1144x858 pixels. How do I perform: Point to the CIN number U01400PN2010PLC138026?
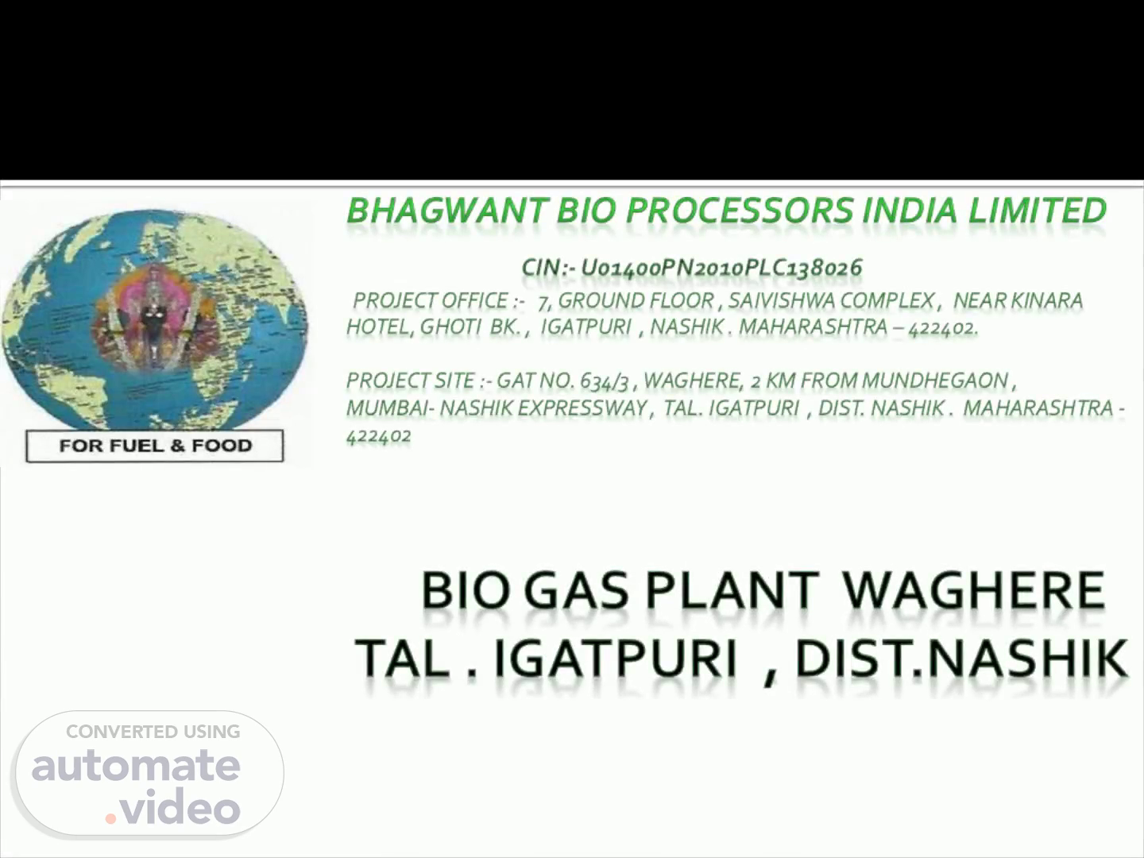point(721,268)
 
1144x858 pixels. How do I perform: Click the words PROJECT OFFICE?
point(430,300)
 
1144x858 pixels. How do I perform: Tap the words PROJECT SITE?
point(410,381)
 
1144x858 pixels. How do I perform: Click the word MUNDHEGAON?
point(935,381)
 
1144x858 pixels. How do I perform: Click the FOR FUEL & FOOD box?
point(155,446)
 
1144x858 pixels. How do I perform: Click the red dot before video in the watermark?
point(110,818)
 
